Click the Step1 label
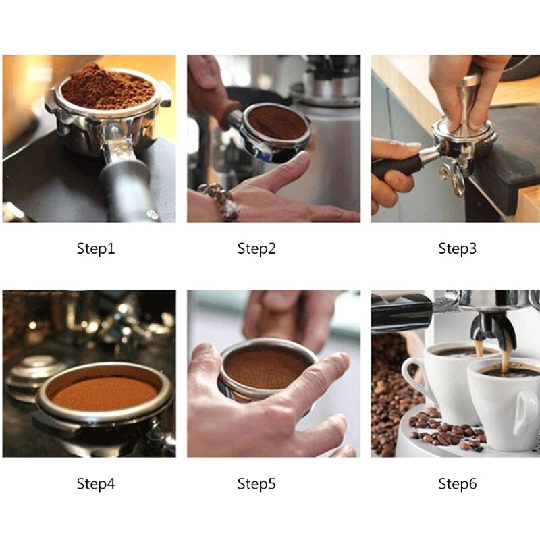tap(95, 248)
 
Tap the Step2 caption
tap(256, 248)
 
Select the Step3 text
tap(458, 248)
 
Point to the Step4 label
tap(95, 484)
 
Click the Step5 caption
tap(256, 484)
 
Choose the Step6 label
tap(458, 484)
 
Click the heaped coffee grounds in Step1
tap(107, 88)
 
